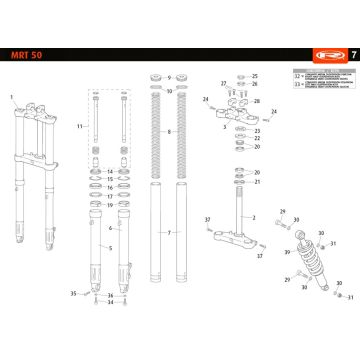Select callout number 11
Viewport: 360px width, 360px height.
pos(80,127)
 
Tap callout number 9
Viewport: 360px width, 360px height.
pos(170,76)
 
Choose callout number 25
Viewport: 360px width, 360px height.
pos(255,76)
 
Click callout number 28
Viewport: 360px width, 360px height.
pos(255,100)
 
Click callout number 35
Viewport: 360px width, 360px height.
pos(73,293)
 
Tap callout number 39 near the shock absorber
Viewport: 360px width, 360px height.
pos(287,252)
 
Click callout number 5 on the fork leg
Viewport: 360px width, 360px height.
pos(110,247)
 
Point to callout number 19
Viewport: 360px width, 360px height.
pos(110,206)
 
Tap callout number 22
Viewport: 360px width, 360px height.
pos(255,139)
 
